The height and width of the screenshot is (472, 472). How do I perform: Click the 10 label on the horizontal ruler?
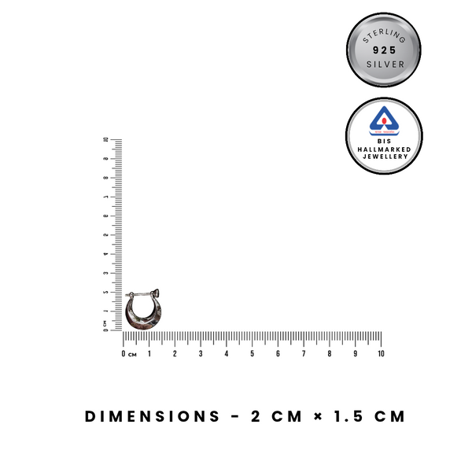(x=381, y=355)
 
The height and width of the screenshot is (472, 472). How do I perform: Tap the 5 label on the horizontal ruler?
(x=252, y=355)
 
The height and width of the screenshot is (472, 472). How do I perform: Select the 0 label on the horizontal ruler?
(x=124, y=355)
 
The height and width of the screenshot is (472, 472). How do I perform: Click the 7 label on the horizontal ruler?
(x=304, y=355)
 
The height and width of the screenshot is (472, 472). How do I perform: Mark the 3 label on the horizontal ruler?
(x=201, y=355)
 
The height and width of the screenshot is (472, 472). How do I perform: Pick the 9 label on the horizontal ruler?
(x=355, y=355)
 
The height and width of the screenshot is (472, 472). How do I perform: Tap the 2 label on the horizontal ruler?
(x=175, y=355)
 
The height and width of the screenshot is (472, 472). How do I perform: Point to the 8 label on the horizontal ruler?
(x=330, y=355)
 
